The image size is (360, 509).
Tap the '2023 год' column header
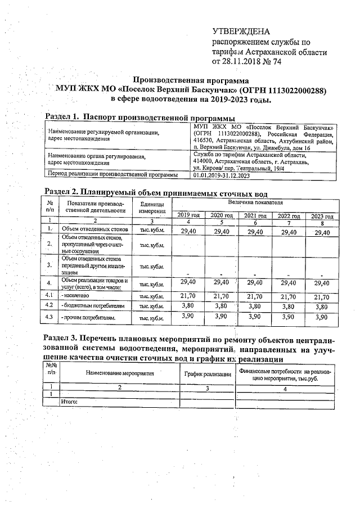coord(322,216)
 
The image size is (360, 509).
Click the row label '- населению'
coord(77,296)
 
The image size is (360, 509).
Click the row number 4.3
coord(49,318)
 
